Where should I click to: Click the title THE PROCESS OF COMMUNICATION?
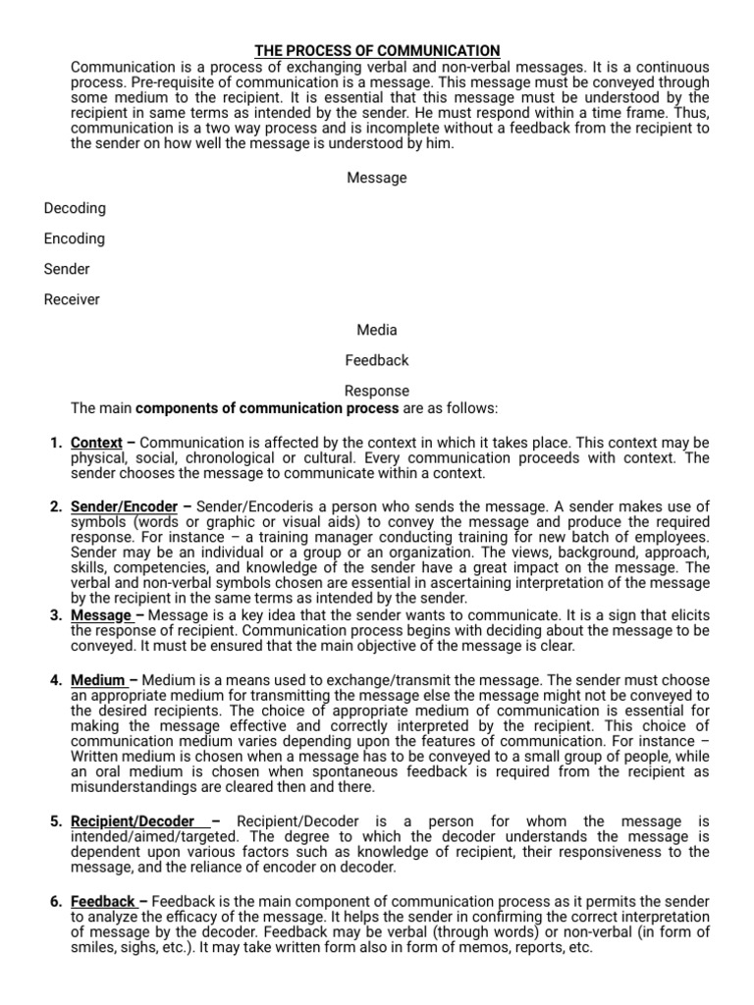[x=377, y=50]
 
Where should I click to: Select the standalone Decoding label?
[x=75, y=208]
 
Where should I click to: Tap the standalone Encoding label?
[x=75, y=238]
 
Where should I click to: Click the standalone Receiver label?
[x=72, y=299]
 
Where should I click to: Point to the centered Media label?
[x=377, y=330]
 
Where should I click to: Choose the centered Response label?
[x=377, y=391]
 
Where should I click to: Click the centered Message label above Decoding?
[x=377, y=178]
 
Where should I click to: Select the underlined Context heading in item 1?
[x=96, y=443]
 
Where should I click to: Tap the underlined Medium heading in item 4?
[x=98, y=680]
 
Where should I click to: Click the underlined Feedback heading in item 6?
[x=103, y=901]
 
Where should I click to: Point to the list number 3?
[x=56, y=615]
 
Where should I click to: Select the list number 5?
[x=56, y=820]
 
